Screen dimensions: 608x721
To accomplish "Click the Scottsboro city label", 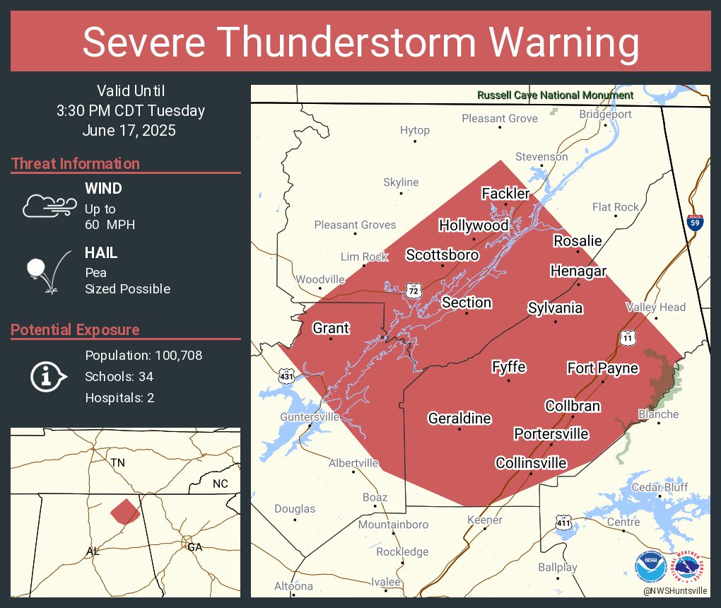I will (442, 255).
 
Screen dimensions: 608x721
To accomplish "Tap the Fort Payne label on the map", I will (602, 368).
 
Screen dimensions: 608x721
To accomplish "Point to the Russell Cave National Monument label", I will (555, 95).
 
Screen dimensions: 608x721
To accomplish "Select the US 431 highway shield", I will (287, 375).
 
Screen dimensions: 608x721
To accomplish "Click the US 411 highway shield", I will (563, 523).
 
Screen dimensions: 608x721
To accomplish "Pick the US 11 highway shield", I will (627, 339).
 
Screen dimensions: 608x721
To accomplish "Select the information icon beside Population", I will (48, 376).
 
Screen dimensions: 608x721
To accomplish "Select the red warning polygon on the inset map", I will (125, 511).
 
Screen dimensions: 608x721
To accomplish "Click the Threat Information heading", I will (76, 164).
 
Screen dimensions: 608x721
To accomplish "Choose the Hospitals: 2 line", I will (119, 398).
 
